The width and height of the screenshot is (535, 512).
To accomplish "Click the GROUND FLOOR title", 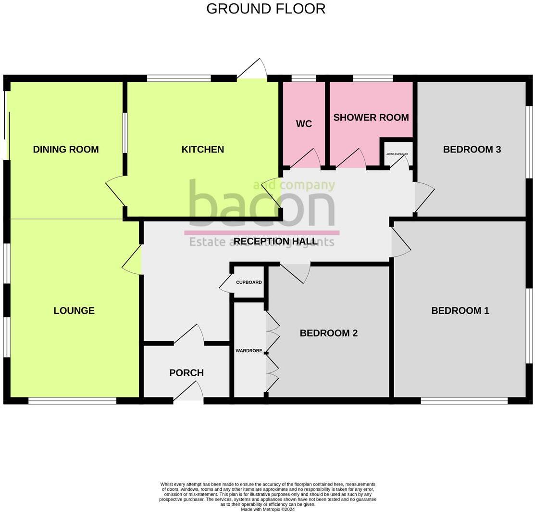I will point(266,9).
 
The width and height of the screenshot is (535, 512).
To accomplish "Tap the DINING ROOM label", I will point(66,149).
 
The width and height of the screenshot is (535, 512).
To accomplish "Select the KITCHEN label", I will point(202,149).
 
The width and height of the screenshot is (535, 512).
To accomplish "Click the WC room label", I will point(304,124).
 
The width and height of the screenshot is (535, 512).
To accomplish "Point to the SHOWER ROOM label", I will point(371,117).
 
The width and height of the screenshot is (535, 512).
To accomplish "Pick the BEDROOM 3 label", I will point(472,149).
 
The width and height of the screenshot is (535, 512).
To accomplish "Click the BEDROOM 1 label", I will point(460,310).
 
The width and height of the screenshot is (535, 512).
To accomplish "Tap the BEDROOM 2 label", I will point(328,333).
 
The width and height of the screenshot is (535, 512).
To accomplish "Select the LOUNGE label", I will point(74,310).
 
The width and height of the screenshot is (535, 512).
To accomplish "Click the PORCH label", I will point(187,372).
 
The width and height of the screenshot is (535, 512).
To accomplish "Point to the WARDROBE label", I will point(249,351).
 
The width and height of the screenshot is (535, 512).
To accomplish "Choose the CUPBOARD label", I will point(249,282).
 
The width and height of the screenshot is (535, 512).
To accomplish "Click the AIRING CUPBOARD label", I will point(397,154).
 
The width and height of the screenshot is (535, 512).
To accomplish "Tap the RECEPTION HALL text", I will point(275,241).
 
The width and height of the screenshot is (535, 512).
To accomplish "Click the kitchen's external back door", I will point(252,70).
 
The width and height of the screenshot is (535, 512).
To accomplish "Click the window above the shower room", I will point(373,78).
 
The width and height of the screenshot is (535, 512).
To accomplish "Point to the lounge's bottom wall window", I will point(72,400).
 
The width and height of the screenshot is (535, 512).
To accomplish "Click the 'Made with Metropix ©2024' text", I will point(268,509).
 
